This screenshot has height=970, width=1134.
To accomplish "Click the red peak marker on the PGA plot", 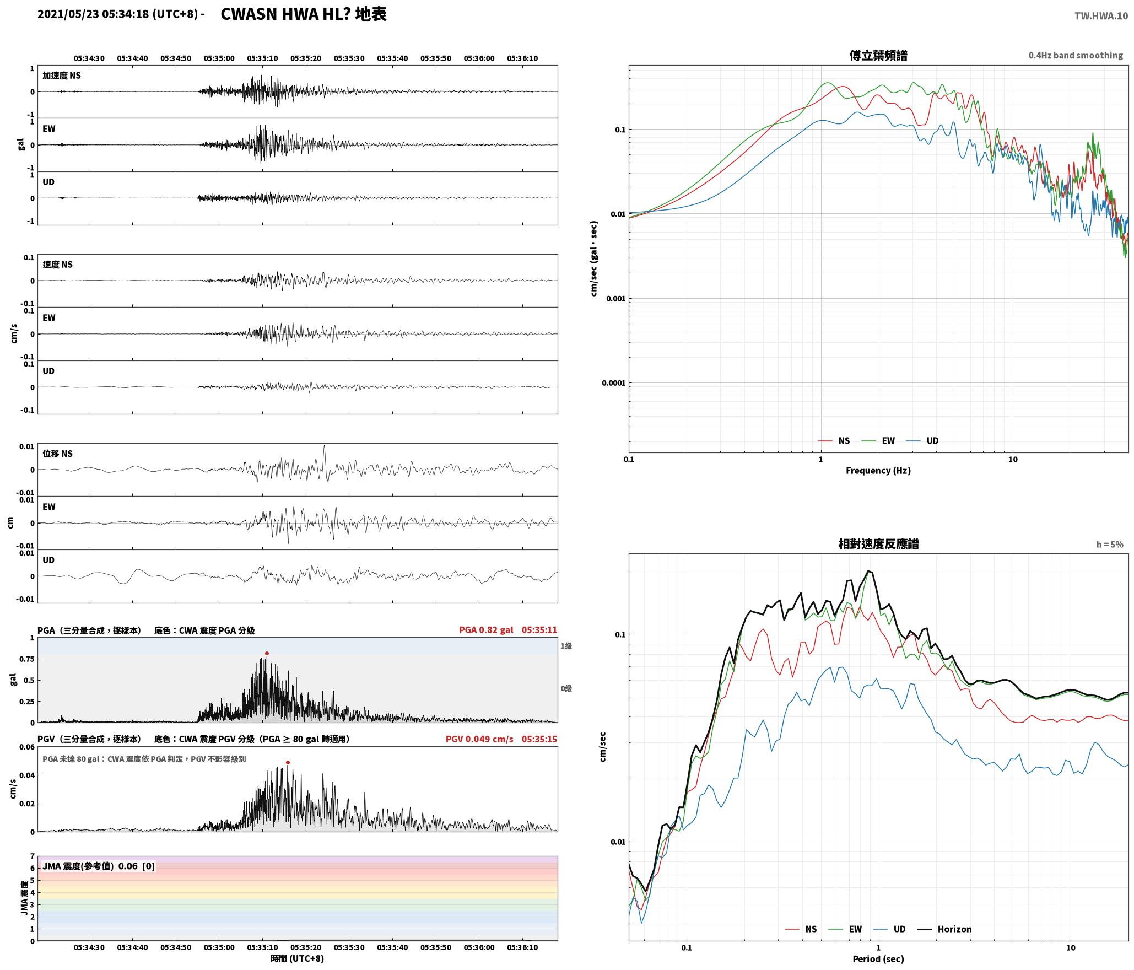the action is click(267, 653).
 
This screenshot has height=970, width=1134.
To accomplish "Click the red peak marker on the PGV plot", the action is click(288, 762).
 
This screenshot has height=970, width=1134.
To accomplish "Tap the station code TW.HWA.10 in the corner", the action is click(1101, 16).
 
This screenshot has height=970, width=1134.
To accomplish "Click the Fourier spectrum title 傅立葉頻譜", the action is click(878, 55).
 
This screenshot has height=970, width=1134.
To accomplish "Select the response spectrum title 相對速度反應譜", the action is click(878, 544).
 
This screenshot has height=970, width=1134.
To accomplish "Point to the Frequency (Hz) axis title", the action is click(878, 470).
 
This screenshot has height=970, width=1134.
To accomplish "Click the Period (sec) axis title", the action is click(878, 959).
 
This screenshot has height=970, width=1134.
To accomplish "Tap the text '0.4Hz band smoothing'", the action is click(1076, 55).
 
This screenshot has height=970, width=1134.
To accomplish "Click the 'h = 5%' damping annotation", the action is click(1110, 545).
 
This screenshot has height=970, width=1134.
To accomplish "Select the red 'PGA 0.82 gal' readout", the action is click(486, 630).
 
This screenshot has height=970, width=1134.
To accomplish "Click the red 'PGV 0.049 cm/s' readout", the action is click(479, 739).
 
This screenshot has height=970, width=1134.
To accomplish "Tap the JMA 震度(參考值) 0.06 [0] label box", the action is click(99, 866).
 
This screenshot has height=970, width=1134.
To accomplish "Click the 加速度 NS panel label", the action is click(62, 76).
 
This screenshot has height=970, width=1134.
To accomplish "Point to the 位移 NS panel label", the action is click(58, 454).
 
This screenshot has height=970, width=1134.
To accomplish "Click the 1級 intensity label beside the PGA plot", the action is click(566, 646).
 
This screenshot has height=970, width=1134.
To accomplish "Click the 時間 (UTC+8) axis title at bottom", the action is click(298, 958).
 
